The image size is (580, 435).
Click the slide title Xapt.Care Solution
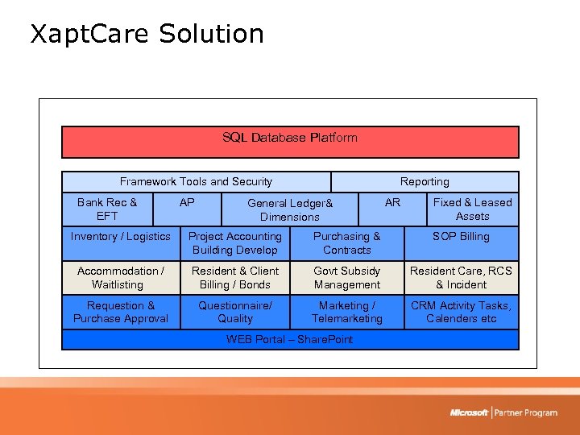coord(147,34)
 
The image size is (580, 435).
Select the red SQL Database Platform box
coord(290,141)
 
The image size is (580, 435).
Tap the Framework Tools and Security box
coord(196,182)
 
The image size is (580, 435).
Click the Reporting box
coord(425,182)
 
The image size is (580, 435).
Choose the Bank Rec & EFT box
coord(107,209)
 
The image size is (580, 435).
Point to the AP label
coord(187,203)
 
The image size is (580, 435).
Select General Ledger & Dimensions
coord(290,210)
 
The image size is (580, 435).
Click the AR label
coord(392,203)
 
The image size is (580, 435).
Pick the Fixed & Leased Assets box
coord(472,209)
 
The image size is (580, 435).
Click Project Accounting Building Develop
coord(235,243)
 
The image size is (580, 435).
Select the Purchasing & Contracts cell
coord(347,243)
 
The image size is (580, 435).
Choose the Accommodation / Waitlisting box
coord(121,278)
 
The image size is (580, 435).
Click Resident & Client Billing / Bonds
coord(235,278)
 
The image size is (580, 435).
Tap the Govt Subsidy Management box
coord(347,278)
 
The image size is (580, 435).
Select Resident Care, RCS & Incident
coord(461,278)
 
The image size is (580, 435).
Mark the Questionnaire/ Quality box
coord(235,312)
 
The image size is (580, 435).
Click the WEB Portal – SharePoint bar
coord(290,340)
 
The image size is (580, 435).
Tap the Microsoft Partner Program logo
coord(503,412)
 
